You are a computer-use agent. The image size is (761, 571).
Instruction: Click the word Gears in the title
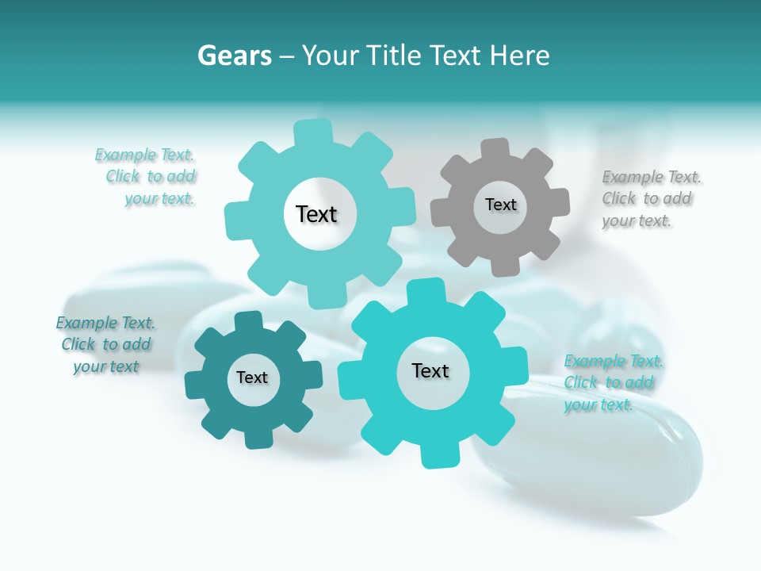click(234, 56)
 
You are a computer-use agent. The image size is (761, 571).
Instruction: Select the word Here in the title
click(519, 56)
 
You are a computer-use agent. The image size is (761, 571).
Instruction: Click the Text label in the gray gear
click(500, 205)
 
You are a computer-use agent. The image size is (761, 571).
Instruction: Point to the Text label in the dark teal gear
click(252, 377)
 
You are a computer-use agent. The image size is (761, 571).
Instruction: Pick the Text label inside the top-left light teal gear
click(316, 214)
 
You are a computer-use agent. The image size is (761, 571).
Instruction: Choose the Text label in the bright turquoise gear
click(430, 371)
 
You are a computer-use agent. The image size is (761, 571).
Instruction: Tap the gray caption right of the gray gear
click(651, 199)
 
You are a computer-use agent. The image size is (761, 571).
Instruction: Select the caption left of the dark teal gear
click(105, 345)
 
